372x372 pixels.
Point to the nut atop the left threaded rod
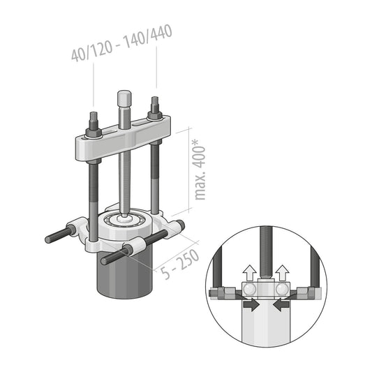point(94,128)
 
